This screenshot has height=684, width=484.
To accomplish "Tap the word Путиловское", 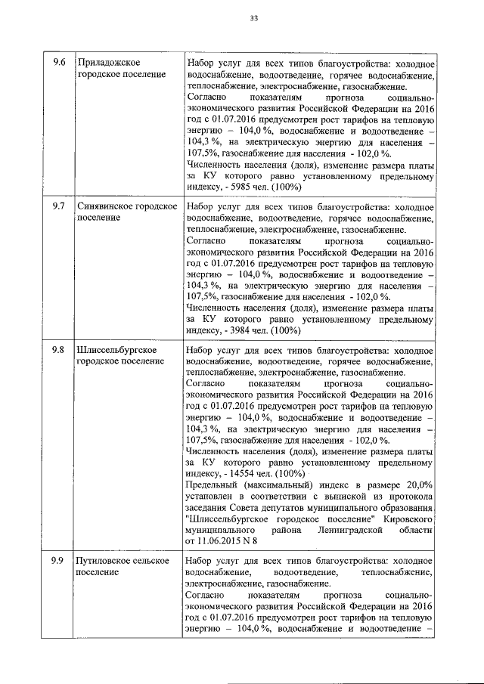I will [104, 560].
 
